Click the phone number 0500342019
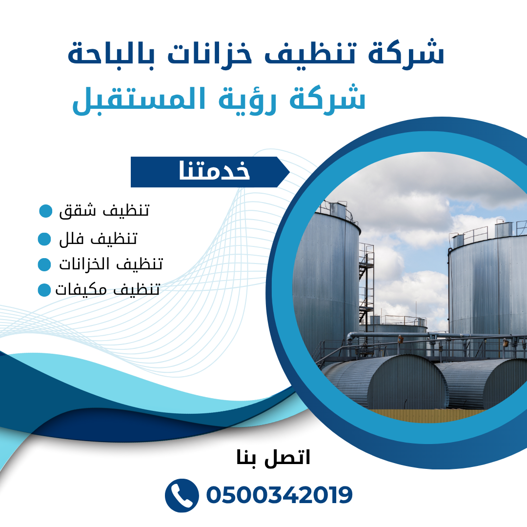(279, 495)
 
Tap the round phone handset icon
(182, 495)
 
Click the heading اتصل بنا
(273, 458)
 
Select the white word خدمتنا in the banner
(214, 170)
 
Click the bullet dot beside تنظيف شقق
(46, 211)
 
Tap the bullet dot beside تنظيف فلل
(44, 239)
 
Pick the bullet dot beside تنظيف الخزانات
(44, 264)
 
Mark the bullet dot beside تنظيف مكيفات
(44, 290)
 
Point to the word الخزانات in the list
(84, 264)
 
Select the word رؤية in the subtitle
(247, 100)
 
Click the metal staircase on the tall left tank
(366, 283)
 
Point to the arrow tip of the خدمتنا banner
(289, 172)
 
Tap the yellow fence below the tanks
(427, 415)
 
